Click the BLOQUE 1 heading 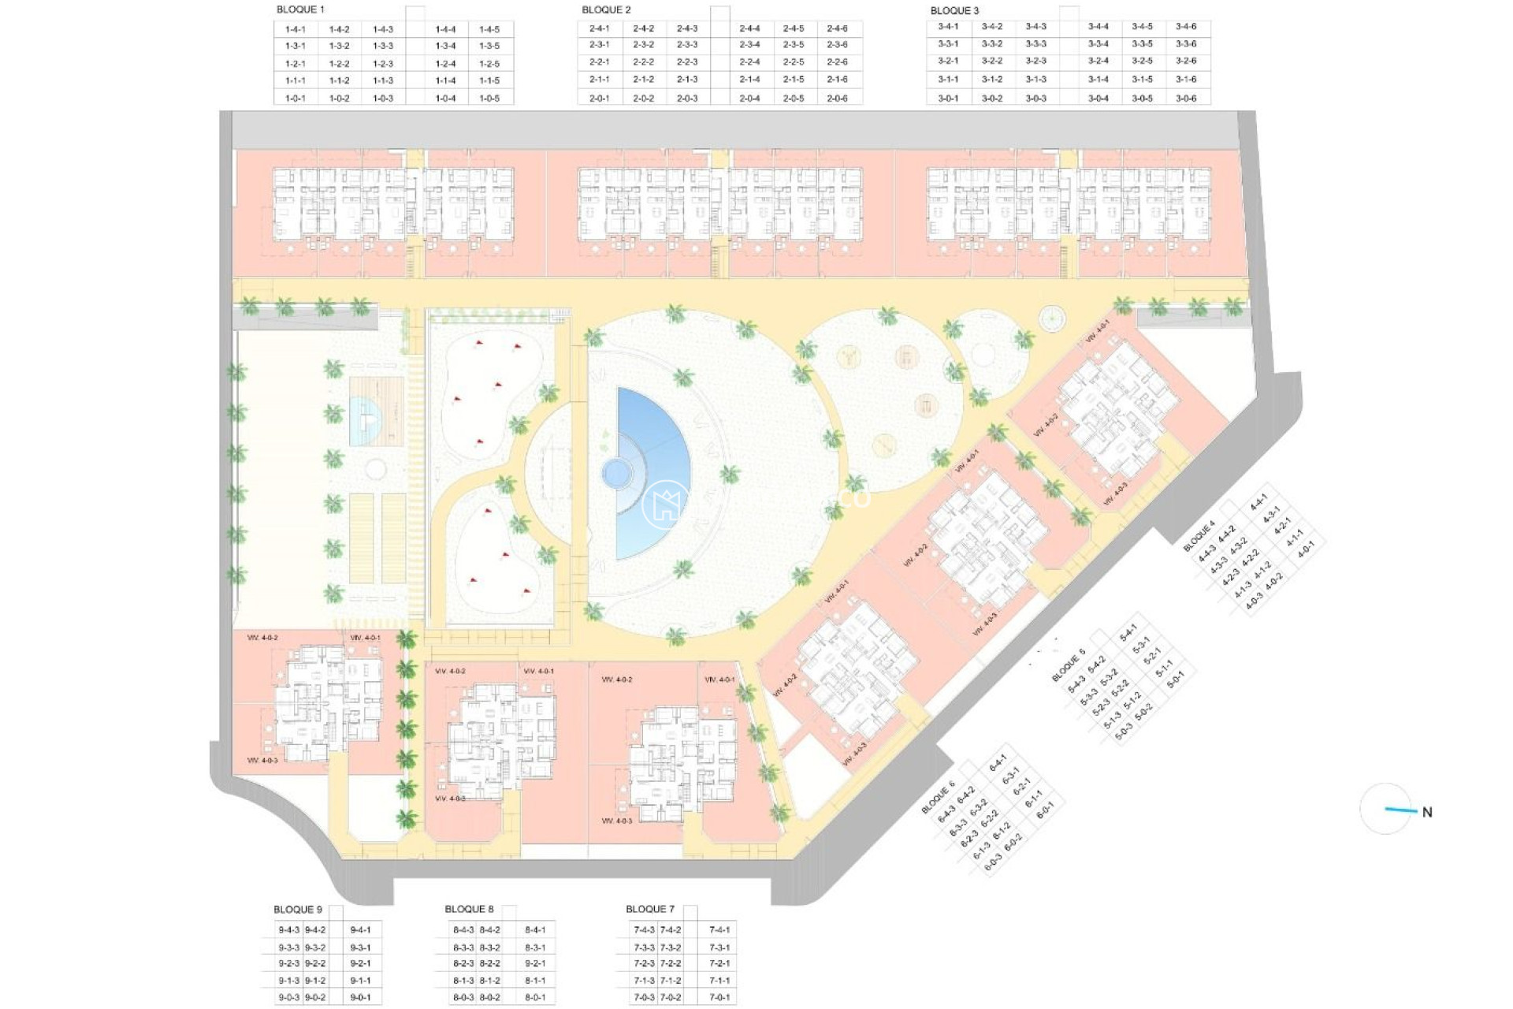click(300, 9)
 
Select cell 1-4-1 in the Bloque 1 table click(296, 29)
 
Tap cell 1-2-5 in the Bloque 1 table click(489, 64)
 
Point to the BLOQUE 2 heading click(606, 9)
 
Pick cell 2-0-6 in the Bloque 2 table click(838, 99)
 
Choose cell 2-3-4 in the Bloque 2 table click(750, 45)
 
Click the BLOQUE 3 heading click(954, 10)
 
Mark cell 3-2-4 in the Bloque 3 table click(1099, 61)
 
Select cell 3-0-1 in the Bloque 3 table click(948, 99)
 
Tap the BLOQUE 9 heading click(298, 910)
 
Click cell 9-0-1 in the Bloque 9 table click(360, 997)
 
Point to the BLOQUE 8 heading click(469, 910)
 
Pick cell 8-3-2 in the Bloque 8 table click(489, 948)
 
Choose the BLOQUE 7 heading click(650, 910)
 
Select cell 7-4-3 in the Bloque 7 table click(644, 930)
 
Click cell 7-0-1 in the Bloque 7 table click(719, 997)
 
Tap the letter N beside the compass click(1427, 812)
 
